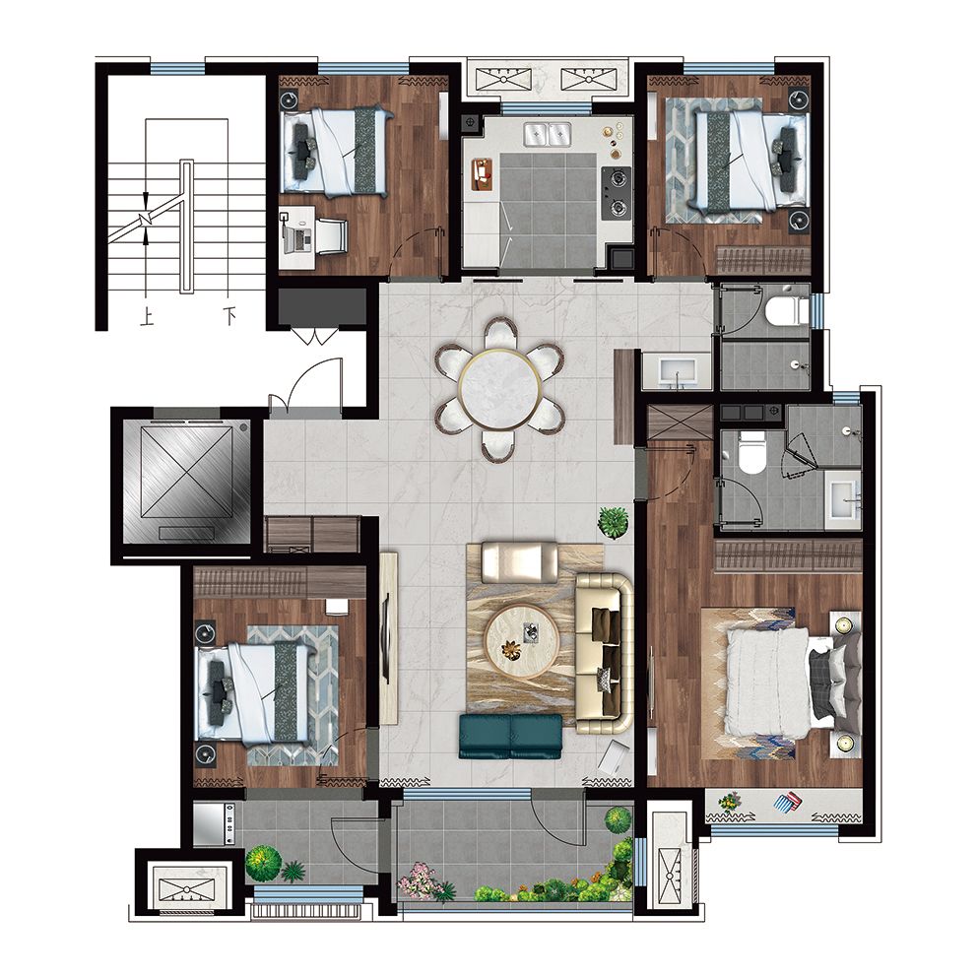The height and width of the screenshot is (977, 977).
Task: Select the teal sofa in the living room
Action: [x=511, y=736]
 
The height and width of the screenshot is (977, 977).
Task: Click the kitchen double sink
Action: [x=547, y=134]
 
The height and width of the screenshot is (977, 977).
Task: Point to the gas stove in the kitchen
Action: [x=617, y=192]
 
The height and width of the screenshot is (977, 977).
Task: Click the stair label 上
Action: [x=147, y=318]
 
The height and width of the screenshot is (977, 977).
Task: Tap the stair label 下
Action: [x=229, y=318]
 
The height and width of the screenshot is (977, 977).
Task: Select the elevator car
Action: [x=186, y=480]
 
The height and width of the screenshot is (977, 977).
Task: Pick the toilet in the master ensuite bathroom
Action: [x=750, y=452]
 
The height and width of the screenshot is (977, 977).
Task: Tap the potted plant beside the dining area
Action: [x=614, y=521]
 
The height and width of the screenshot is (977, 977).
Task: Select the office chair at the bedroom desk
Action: [x=331, y=235]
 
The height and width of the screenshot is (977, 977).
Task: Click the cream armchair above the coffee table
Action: [x=520, y=562]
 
